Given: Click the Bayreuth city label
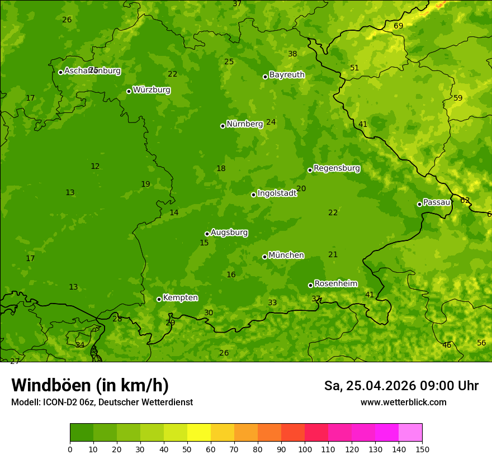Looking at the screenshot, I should tap(287, 75).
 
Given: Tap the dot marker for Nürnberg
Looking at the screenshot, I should tap(223, 126).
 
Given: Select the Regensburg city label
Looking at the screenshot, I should tap(337, 168).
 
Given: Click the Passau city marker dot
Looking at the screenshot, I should tap(419, 204).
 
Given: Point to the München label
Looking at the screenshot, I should tap(286, 255).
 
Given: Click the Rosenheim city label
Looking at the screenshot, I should tap(335, 284).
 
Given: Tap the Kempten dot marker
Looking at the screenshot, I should tap(159, 299).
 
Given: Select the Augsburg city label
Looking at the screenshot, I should tap(229, 233).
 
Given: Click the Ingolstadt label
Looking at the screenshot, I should tap(277, 193).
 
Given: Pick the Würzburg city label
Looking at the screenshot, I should tap(152, 90).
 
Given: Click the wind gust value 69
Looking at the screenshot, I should tap(398, 26).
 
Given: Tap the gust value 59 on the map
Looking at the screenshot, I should tap(458, 98).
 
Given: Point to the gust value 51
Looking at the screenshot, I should tap(354, 68).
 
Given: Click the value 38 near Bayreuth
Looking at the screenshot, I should tap(292, 54).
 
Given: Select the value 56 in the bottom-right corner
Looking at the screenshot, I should tap(481, 343).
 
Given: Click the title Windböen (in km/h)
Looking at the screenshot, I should tap(90, 385).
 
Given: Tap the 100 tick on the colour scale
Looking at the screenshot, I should tap(305, 449).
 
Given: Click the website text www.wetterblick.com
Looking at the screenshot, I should tap(403, 402).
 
